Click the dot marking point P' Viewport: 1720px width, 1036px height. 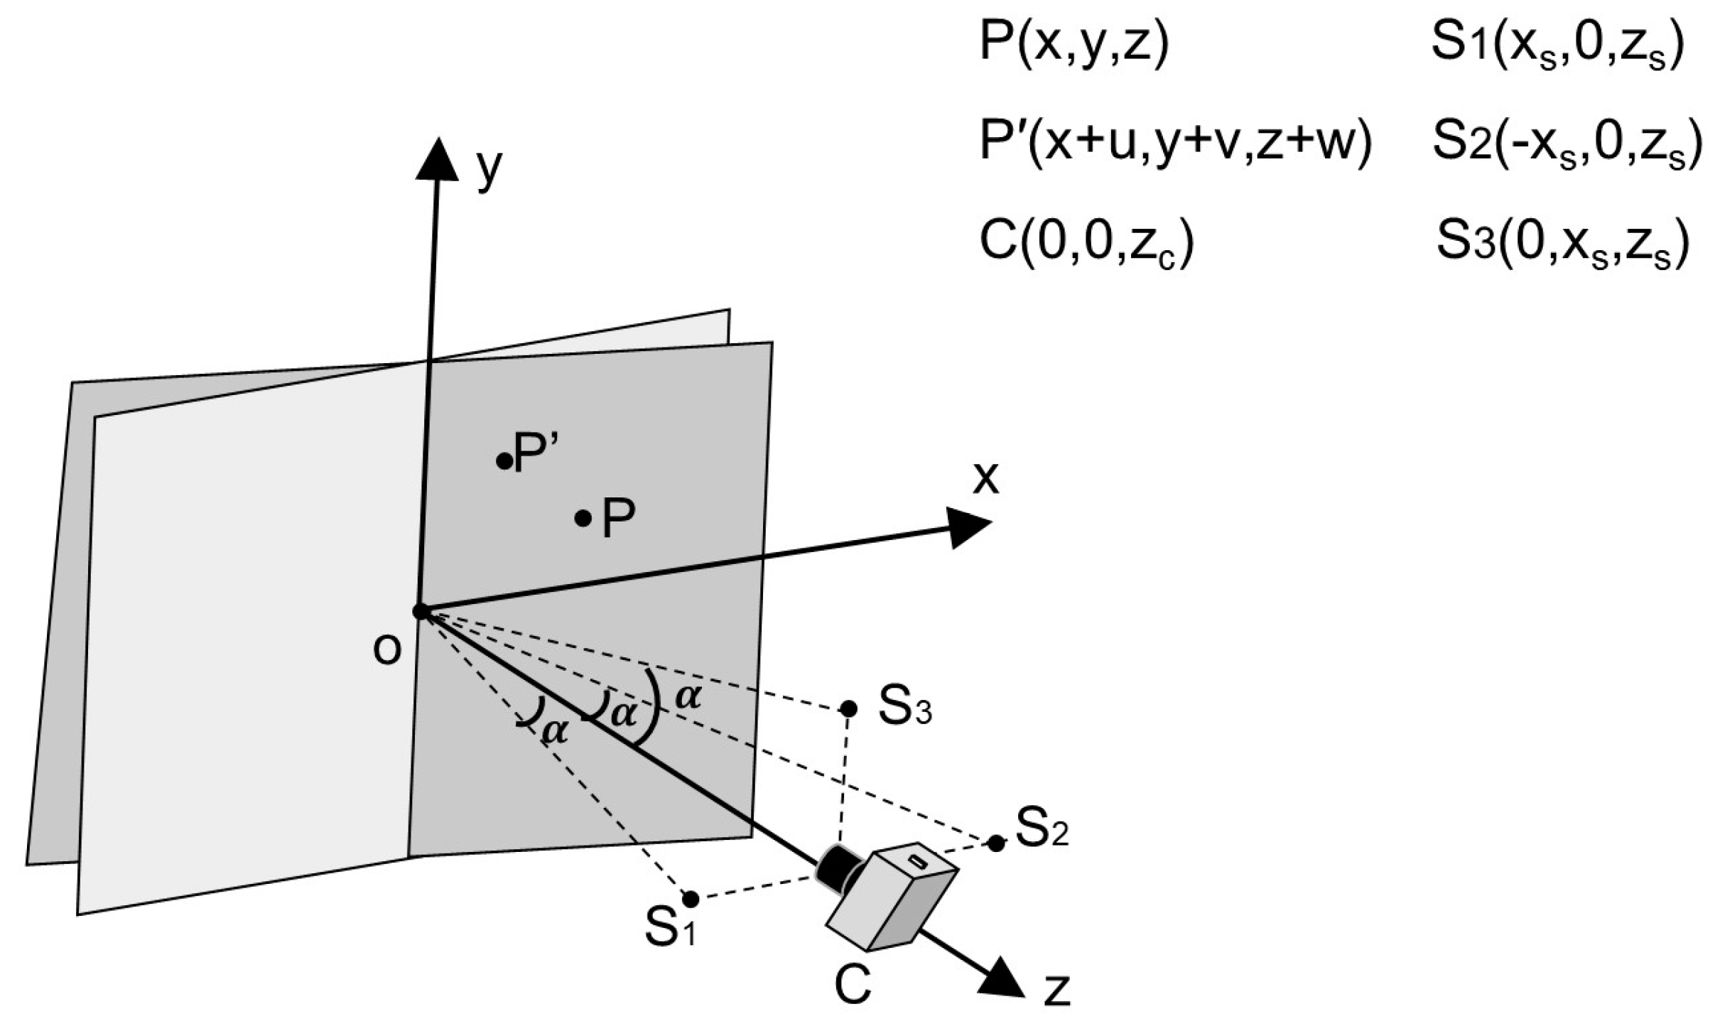(x=504, y=461)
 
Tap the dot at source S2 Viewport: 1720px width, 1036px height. (x=996, y=843)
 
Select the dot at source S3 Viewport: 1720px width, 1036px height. (x=848, y=708)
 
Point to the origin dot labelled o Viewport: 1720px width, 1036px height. (x=420, y=610)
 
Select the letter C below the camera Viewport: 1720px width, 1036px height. (x=852, y=985)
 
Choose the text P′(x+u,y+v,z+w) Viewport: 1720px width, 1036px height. (x=1174, y=142)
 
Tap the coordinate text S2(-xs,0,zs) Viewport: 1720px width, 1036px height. (x=1567, y=142)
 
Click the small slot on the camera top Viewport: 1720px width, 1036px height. (x=918, y=863)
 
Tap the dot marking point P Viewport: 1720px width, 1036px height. (x=583, y=518)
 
